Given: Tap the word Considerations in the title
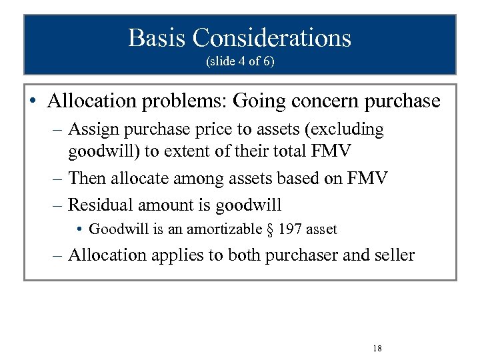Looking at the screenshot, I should point(272,37).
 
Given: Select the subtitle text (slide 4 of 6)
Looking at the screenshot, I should point(240,61).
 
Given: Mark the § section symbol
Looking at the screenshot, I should point(271,229).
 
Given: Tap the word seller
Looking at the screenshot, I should point(394,255).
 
